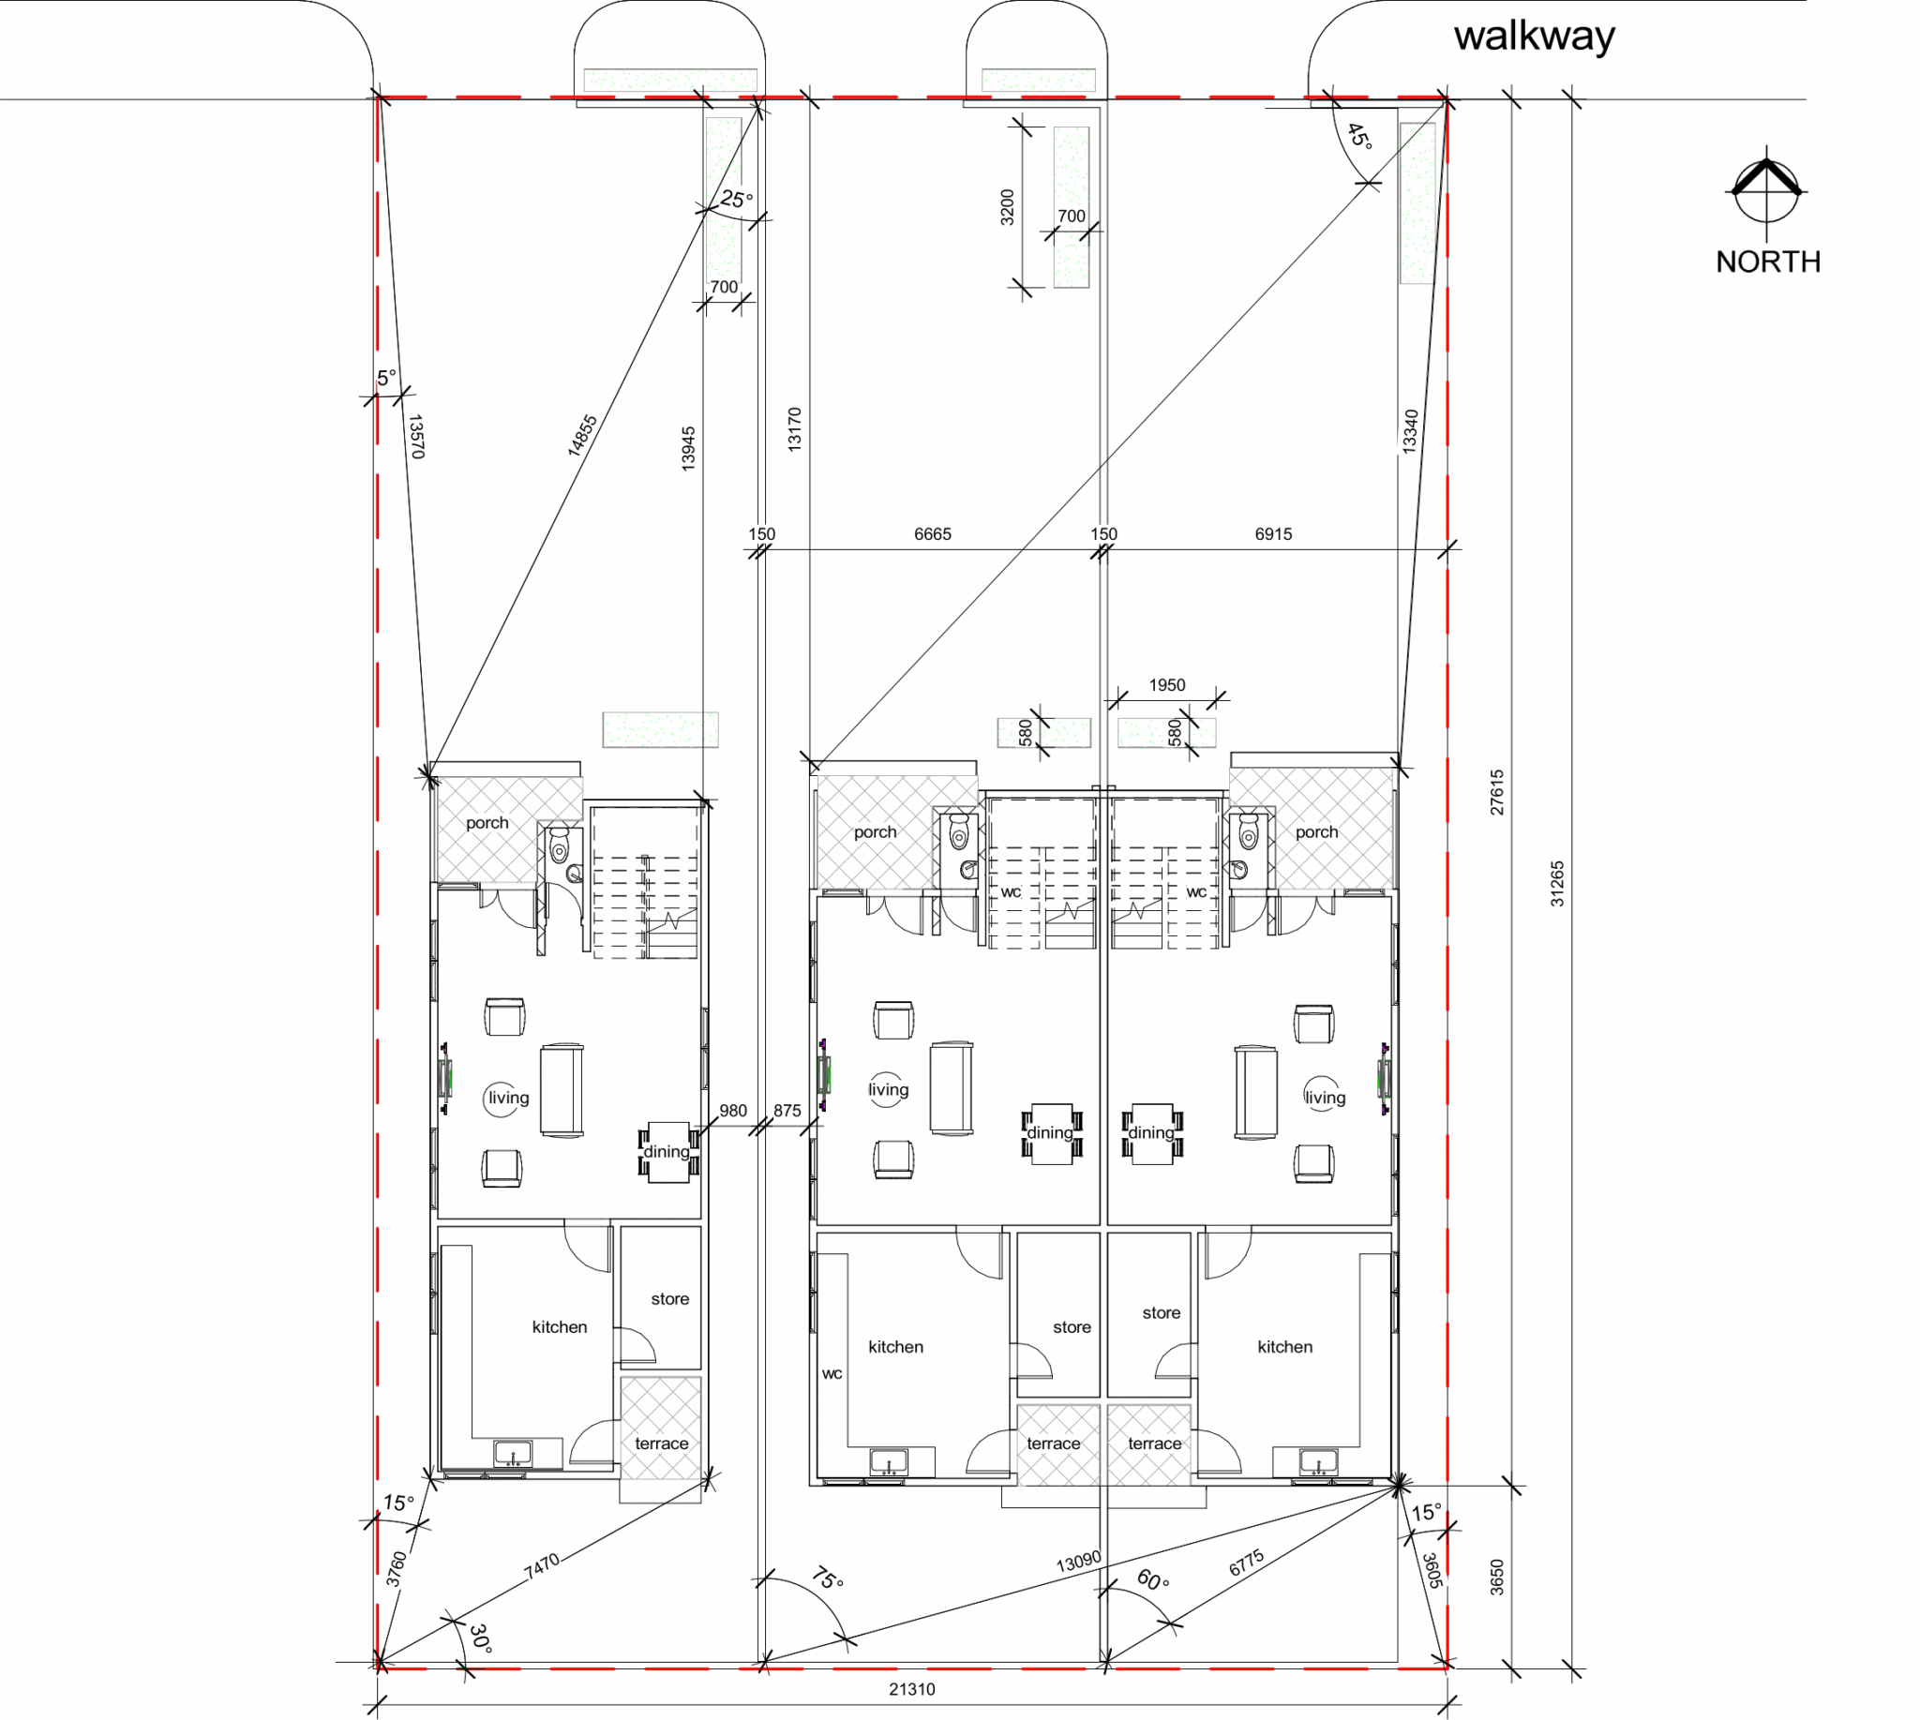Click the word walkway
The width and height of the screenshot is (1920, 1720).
pyautogui.click(x=1535, y=37)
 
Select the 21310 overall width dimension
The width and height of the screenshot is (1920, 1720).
pyautogui.click(x=911, y=1689)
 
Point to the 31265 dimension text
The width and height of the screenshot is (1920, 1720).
pyautogui.click(x=1557, y=884)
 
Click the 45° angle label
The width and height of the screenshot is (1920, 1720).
pyautogui.click(x=1359, y=136)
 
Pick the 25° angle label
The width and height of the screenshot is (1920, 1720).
pyautogui.click(x=737, y=200)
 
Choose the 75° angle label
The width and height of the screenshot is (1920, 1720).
pyautogui.click(x=827, y=1578)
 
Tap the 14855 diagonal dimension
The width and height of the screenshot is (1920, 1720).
pyautogui.click(x=582, y=436)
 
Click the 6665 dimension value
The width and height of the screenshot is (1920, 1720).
pyautogui.click(x=932, y=534)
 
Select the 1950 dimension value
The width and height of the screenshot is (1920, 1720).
pyautogui.click(x=1166, y=685)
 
